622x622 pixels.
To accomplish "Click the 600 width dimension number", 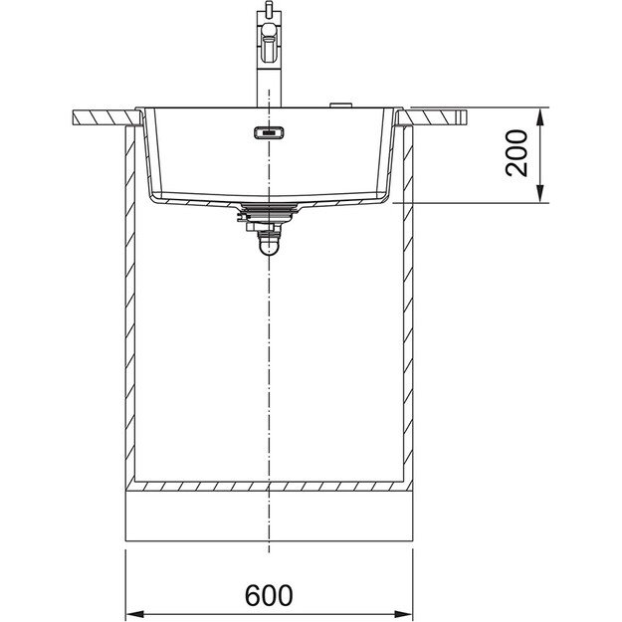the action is [x=269, y=596].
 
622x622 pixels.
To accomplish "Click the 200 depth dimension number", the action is [x=517, y=152].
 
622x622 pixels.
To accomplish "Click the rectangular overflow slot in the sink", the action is [x=269, y=132].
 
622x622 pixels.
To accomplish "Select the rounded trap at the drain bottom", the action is [x=269, y=245].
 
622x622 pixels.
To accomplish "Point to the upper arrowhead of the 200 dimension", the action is [x=539, y=117].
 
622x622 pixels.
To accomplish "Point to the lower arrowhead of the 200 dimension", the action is [x=539, y=194].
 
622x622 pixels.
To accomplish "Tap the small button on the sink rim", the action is [x=340, y=104].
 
